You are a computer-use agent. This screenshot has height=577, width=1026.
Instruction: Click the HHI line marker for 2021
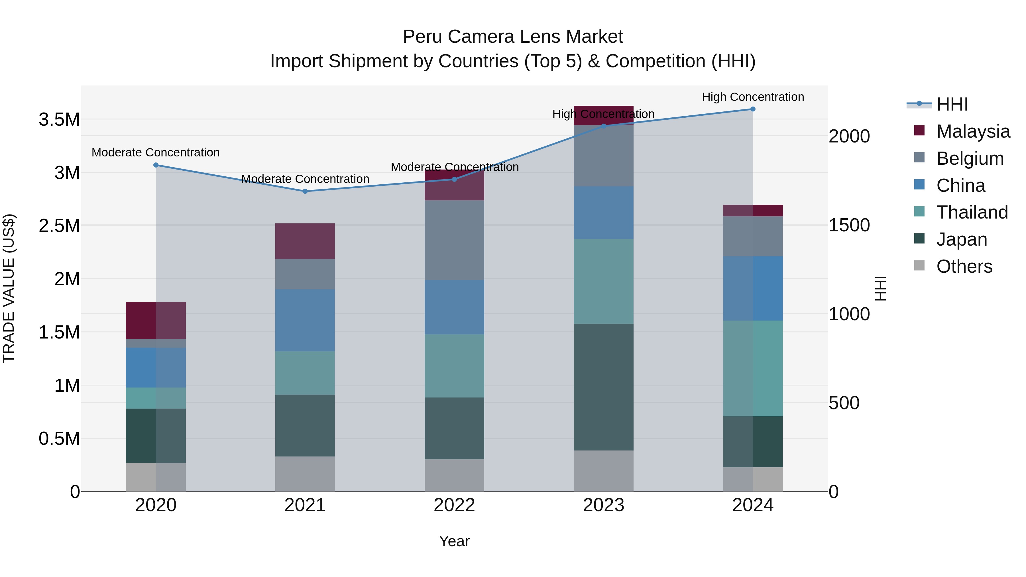coord(305,191)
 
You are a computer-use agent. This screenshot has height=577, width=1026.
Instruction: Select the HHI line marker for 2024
coord(753,109)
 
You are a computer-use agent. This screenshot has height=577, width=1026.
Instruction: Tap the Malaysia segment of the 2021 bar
coord(305,241)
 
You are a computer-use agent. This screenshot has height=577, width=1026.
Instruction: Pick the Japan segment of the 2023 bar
coord(603,387)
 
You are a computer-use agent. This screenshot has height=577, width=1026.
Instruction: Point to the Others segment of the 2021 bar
coord(305,474)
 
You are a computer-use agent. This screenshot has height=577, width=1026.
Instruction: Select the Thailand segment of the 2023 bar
coord(603,281)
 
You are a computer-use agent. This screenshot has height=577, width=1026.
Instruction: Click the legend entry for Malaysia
coord(973,131)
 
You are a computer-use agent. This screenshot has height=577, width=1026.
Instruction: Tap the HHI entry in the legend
coord(952,104)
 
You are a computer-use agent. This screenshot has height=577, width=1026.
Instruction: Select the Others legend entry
coord(964,266)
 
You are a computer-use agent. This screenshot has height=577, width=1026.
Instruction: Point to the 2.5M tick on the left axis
coord(59,226)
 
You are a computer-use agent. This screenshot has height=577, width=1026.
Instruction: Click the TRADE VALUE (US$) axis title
coord(9,288)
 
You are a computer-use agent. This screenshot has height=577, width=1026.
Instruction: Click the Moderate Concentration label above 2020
coord(155,152)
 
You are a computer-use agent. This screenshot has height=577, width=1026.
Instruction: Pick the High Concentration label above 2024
coord(753,97)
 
